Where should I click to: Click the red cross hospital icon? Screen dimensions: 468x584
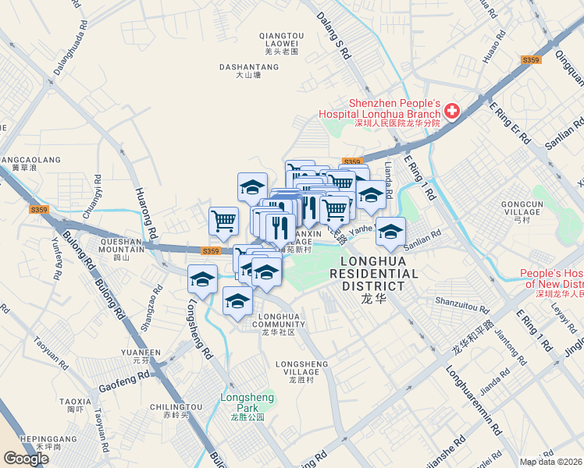[x=453, y=113]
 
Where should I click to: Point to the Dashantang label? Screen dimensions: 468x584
[x=247, y=71]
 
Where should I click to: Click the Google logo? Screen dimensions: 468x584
[x=26, y=459]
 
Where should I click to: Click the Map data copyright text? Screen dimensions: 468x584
[x=551, y=462]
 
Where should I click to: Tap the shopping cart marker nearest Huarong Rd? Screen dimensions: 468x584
[x=223, y=220]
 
